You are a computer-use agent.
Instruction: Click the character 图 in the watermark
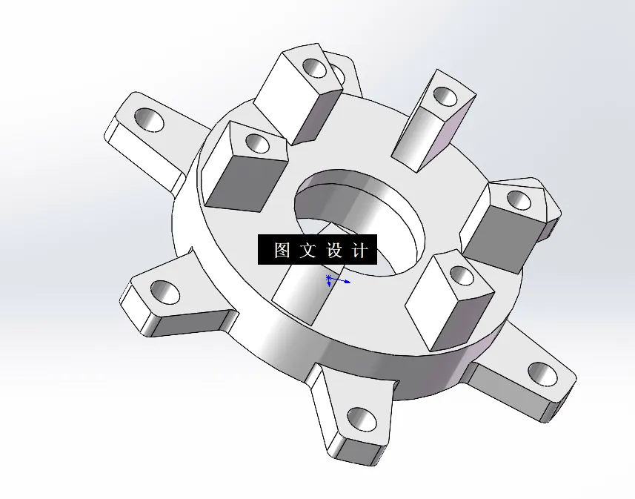[282, 251]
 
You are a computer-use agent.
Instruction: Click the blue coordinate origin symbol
[330, 280]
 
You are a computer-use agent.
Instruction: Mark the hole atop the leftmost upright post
[256, 142]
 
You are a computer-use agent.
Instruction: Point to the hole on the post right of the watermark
[462, 277]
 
